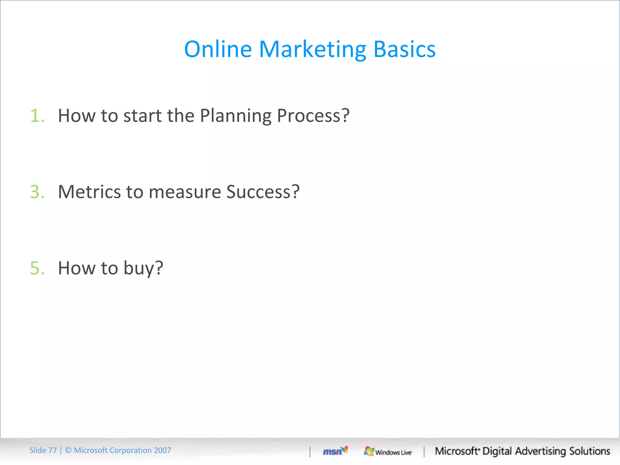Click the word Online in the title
[218, 49]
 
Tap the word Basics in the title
[404, 49]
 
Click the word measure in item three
[185, 192]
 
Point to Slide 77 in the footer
[43, 450]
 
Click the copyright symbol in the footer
[68, 450]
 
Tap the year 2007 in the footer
[162, 450]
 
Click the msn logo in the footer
[335, 451]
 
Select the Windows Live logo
[388, 452]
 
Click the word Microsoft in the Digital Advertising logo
[457, 451]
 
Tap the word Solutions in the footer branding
[589, 451]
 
